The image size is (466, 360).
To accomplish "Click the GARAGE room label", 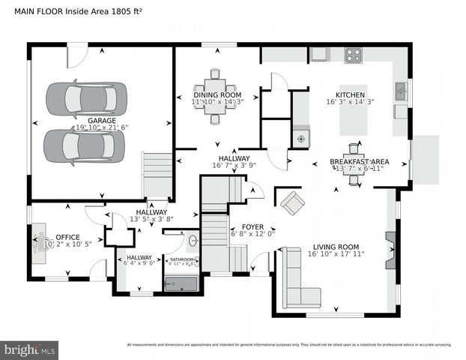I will point(102,120).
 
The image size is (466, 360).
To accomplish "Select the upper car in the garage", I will point(82,97).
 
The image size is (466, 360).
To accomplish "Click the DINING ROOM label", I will point(217,95).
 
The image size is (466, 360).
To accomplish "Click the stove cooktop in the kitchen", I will point(353,54).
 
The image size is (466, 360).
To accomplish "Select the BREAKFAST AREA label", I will point(360,161).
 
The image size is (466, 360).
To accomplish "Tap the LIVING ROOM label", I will point(335,247).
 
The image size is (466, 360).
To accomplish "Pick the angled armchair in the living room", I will point(292,202).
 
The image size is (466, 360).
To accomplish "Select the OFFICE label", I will point(57,235).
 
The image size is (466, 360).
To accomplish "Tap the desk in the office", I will point(40,242).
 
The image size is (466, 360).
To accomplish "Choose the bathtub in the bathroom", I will point(180,284).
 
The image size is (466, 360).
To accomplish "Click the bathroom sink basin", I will point(193,241).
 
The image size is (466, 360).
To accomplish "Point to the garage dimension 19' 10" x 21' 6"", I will point(102,128).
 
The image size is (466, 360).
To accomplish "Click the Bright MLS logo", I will point(30,349).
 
